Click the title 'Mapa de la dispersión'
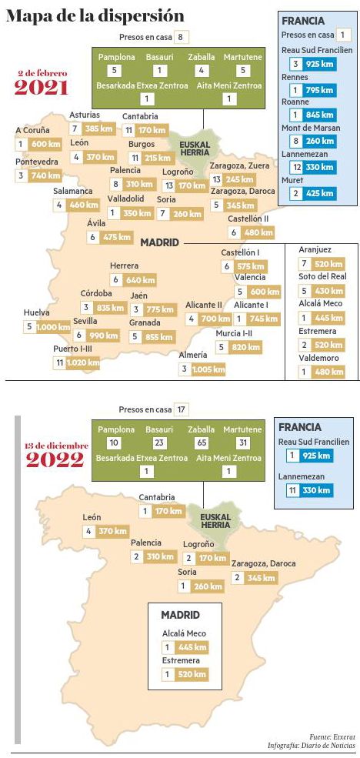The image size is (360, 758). [x=95, y=15]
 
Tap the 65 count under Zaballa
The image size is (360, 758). [x=202, y=442]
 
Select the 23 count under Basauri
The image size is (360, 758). [x=159, y=442]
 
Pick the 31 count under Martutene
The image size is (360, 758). [x=243, y=442]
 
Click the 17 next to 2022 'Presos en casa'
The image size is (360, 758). [x=182, y=409]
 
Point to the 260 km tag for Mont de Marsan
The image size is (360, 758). [x=318, y=141]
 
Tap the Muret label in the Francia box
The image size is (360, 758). [x=292, y=180]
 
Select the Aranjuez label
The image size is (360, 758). [x=315, y=251]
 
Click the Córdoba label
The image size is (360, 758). [x=97, y=293]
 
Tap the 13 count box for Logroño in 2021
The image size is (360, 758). [x=169, y=185]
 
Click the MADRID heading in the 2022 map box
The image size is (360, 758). [x=181, y=615]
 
